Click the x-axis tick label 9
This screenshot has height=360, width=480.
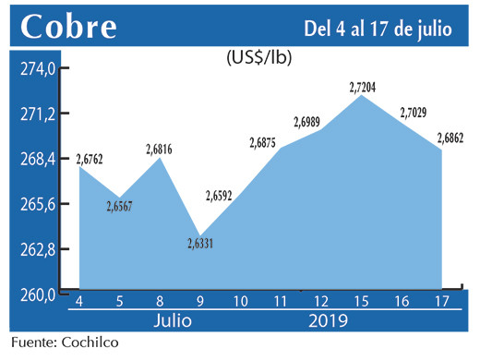(199, 301)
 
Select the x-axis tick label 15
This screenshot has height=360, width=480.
(362, 301)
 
